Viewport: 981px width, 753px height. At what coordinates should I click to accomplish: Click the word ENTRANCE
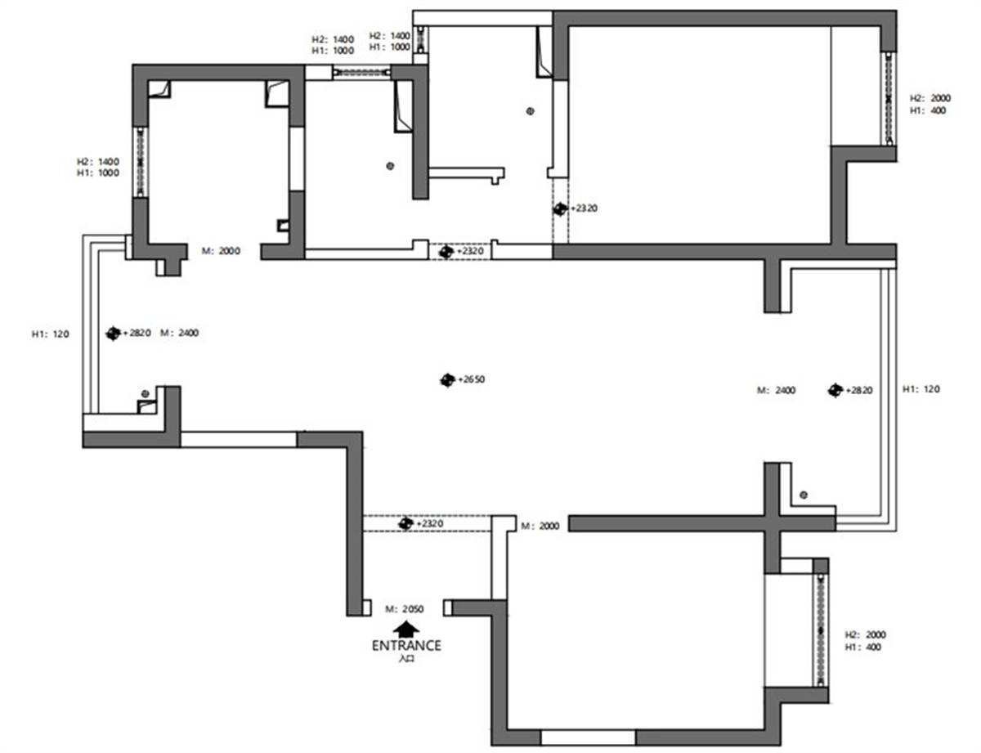coord(406,646)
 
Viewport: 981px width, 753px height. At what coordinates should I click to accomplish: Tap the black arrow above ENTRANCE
coord(405,630)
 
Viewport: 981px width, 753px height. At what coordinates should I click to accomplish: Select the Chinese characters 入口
coord(406,659)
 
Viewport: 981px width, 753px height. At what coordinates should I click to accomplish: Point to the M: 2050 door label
coord(404,609)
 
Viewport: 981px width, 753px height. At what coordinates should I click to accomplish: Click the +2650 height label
coord(472,379)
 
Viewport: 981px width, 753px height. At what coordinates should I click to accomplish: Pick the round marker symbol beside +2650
coord(447,380)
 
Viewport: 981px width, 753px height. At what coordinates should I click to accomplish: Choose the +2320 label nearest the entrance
coord(430,524)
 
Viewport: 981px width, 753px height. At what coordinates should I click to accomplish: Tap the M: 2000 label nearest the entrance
coord(540,526)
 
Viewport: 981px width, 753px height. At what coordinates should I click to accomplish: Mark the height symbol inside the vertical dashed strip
coord(560,209)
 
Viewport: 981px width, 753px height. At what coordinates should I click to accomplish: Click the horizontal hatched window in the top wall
coord(361,72)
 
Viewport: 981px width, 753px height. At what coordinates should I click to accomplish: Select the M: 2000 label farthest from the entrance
coord(221,251)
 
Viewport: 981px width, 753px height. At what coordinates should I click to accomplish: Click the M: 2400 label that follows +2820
coord(179,333)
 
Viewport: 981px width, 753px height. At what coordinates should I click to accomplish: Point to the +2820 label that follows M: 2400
coord(859,390)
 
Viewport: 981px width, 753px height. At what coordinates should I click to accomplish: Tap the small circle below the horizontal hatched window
coord(390,166)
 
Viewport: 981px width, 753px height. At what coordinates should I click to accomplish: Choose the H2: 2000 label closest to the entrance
coord(865,634)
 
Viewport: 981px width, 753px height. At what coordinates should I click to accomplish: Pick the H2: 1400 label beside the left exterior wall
coord(98,162)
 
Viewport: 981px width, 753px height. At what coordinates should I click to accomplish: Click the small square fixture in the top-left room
coord(283,225)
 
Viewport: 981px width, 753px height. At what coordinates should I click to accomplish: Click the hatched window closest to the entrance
coord(820,630)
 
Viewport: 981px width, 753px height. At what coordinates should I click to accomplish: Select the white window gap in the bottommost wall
coord(588,737)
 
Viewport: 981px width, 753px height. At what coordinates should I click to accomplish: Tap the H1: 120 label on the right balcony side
coord(921,389)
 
